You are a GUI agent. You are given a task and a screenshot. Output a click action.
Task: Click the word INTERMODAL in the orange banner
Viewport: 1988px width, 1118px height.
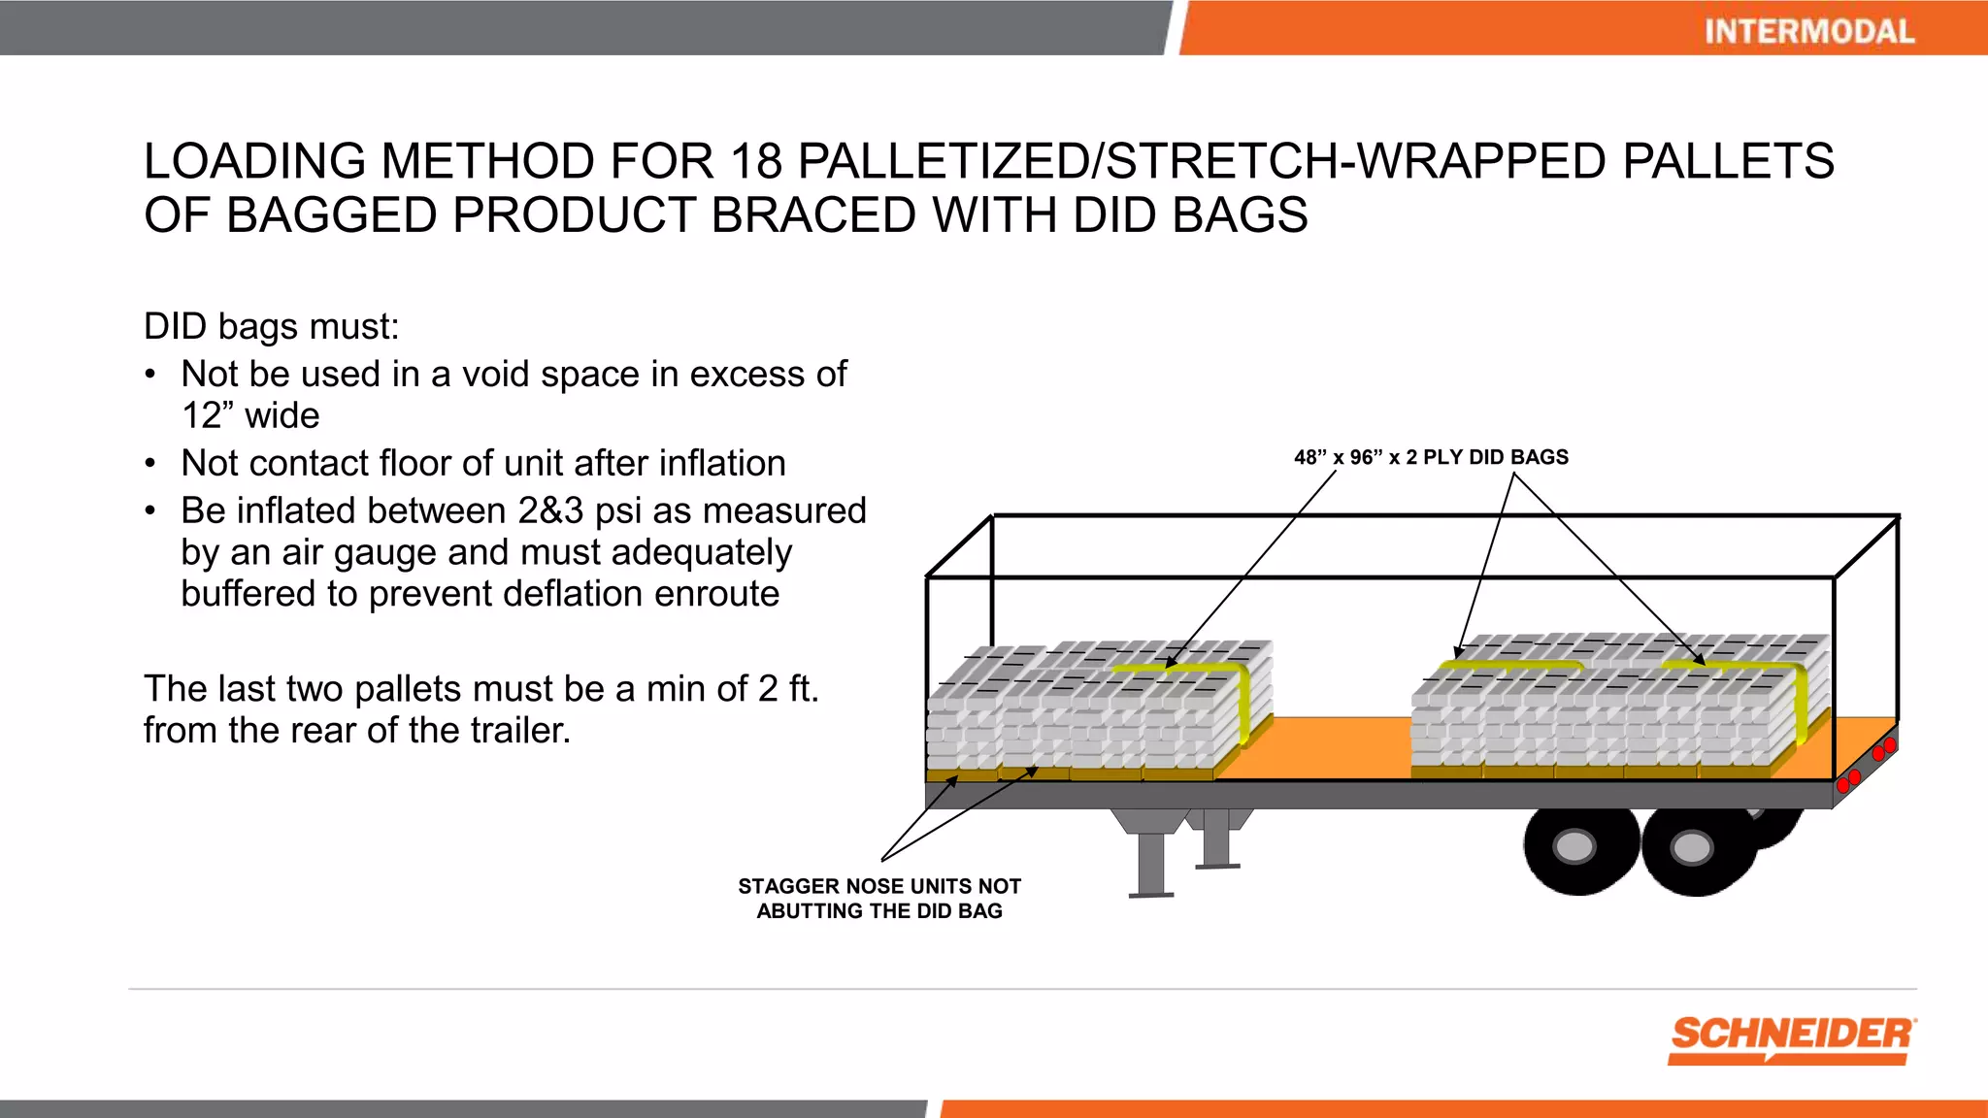pyautogui.click(x=1808, y=31)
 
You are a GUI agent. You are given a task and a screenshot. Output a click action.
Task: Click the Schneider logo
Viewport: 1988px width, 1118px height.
pyautogui.click(x=1792, y=1039)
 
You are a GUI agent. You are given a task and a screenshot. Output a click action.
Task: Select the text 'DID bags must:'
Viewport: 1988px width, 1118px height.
pyautogui.click(x=271, y=327)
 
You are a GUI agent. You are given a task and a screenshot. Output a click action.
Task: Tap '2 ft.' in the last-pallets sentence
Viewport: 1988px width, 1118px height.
pyautogui.click(x=788, y=689)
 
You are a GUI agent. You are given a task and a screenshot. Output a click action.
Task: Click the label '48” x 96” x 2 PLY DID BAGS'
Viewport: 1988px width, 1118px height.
pyautogui.click(x=1430, y=457)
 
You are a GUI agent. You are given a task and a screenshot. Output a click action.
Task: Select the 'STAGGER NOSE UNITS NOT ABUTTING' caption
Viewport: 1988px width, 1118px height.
pyautogui.click(x=878, y=899)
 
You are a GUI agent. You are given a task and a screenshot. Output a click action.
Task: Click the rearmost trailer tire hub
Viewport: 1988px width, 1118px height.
pyautogui.click(x=1692, y=848)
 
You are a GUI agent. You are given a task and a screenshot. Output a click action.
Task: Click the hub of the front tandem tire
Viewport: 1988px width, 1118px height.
pyautogui.click(x=1574, y=846)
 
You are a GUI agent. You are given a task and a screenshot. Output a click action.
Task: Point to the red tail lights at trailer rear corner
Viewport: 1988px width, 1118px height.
pyautogui.click(x=1883, y=750)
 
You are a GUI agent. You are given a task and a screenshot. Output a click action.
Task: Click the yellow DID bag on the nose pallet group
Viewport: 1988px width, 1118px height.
pyautogui.click(x=1194, y=670)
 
